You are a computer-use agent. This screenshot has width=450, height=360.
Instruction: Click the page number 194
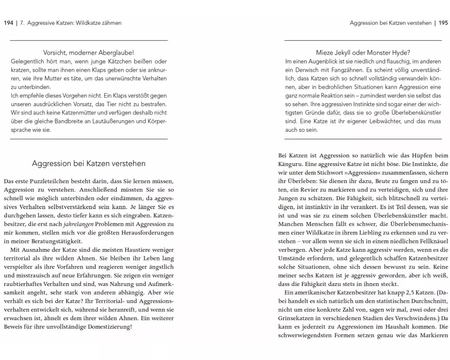pyautogui.click(x=9, y=23)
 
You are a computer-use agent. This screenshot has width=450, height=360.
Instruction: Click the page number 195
pyautogui.click(x=443, y=23)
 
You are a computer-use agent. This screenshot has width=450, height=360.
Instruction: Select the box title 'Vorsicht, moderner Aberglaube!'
pyautogui.click(x=89, y=53)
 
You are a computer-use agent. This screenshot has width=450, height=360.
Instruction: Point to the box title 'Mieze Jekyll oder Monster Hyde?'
pyautogui.click(x=363, y=53)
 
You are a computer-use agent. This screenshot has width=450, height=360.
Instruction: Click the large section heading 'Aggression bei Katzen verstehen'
pyautogui.click(x=89, y=164)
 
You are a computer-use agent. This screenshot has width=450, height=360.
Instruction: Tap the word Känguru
pyautogui.click(x=291, y=164)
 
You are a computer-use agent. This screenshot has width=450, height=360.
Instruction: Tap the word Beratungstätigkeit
pyautogui.click(x=48, y=240)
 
